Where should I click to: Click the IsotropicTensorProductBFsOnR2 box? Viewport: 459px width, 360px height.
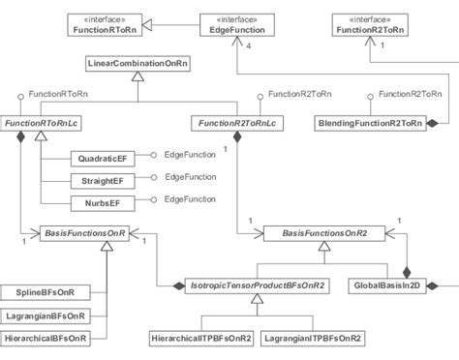pos(256,285)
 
